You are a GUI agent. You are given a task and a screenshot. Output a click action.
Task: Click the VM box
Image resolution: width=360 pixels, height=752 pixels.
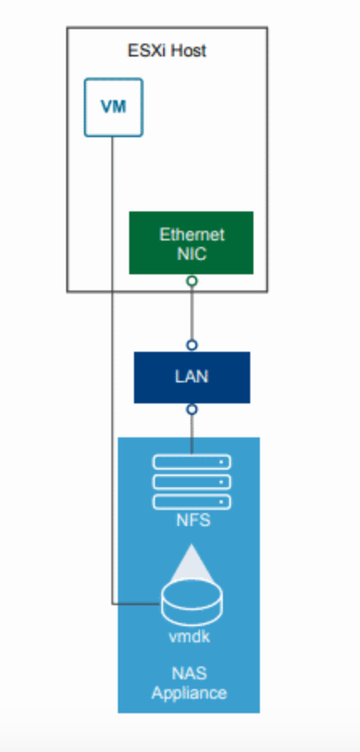[114, 107]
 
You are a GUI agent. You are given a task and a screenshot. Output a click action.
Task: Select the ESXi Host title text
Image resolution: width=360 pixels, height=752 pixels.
[166, 50]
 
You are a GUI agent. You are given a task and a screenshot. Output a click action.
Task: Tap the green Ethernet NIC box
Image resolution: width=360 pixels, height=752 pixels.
[191, 243]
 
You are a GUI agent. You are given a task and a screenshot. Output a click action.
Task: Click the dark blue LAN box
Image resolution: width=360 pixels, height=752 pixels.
[192, 378]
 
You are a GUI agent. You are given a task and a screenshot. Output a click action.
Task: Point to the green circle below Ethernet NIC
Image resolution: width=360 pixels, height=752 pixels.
[192, 281]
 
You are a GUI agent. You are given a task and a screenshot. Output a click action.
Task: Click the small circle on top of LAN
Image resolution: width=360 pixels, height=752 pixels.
[192, 345]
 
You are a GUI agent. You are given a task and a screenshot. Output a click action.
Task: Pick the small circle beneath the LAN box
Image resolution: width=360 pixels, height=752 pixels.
[192, 410]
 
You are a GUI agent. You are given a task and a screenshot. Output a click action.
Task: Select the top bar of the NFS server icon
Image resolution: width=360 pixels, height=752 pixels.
[192, 462]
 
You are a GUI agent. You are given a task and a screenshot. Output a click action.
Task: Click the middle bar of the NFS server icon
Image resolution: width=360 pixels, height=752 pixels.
[192, 482]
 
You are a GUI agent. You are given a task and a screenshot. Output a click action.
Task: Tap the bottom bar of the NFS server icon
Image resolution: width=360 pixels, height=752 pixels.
[192, 502]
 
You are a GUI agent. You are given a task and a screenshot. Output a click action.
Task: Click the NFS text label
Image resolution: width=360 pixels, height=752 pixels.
[192, 520]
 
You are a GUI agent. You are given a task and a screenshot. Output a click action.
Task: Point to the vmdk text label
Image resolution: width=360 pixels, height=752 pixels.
[189, 637]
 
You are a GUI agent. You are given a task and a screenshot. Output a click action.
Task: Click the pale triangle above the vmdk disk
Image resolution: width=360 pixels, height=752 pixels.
[191, 566]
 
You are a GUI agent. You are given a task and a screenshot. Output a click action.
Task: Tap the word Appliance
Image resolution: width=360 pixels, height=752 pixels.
[189, 693]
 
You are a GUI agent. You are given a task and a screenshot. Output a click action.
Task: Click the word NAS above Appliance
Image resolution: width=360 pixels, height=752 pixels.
[189, 674]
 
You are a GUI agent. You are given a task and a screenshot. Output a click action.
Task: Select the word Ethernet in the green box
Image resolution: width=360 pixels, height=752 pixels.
[192, 235]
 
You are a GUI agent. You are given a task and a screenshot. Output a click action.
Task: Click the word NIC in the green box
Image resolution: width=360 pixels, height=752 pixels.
[192, 253]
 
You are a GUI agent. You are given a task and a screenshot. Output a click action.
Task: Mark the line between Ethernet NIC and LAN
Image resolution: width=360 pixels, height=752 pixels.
[192, 313]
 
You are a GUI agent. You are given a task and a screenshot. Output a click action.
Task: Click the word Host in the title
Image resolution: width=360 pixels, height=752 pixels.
[188, 50]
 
